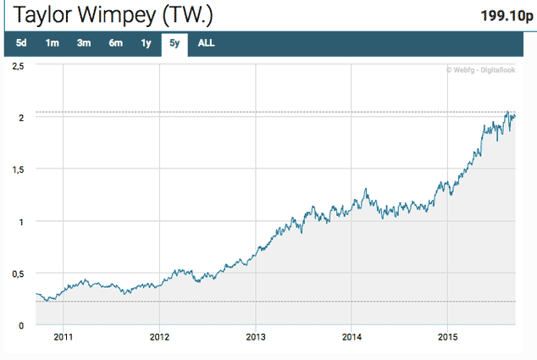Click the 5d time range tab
point(22,43)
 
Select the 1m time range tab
point(53,43)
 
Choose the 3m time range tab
point(84,43)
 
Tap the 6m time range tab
point(115,43)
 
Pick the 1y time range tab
point(146,43)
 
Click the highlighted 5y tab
point(175,43)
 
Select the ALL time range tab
point(206,43)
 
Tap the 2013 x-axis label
point(256,337)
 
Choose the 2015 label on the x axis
point(449,337)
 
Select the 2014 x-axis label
point(352,337)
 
